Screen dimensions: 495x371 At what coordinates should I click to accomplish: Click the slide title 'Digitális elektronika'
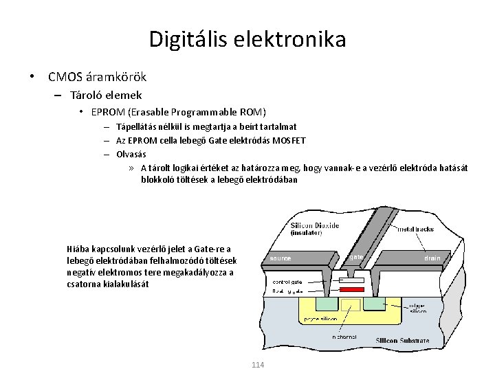point(247,39)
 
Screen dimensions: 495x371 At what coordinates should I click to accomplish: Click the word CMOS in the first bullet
point(64,77)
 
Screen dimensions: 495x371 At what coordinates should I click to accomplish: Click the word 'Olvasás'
point(131,154)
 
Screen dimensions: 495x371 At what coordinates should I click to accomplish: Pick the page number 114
point(258,364)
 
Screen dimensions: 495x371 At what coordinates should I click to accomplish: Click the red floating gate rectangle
point(352,290)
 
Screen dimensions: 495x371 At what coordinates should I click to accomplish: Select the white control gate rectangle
point(352,280)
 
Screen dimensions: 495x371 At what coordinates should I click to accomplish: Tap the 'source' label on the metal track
point(280,258)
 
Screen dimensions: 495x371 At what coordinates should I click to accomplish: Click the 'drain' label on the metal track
point(432,258)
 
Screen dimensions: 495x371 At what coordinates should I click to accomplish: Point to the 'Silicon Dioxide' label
point(315,225)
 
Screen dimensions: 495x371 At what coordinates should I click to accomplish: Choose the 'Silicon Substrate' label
point(402,341)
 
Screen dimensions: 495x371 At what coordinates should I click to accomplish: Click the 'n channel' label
point(344,337)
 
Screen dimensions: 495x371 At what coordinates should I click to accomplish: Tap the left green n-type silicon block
point(320,304)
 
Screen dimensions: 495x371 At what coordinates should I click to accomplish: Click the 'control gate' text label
point(287,282)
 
